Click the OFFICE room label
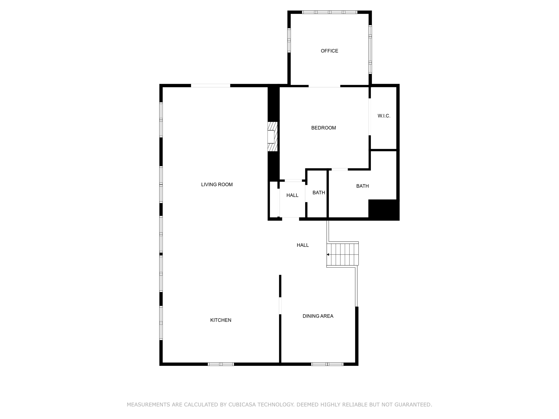[x=329, y=51]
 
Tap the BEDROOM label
[x=323, y=128]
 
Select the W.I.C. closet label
[x=384, y=116]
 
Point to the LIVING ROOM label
[x=217, y=185]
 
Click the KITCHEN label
[x=221, y=320]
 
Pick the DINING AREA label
[x=318, y=316]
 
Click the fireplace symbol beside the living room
[x=272, y=137]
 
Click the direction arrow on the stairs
[x=328, y=255]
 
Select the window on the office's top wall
[x=329, y=12]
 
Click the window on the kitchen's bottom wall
[x=221, y=364]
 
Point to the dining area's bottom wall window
[x=327, y=364]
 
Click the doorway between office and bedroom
[x=324, y=86]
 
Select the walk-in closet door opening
[x=370, y=117]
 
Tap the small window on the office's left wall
[x=289, y=40]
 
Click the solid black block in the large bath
[x=383, y=209]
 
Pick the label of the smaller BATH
[x=319, y=193]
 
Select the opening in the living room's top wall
[x=210, y=86]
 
